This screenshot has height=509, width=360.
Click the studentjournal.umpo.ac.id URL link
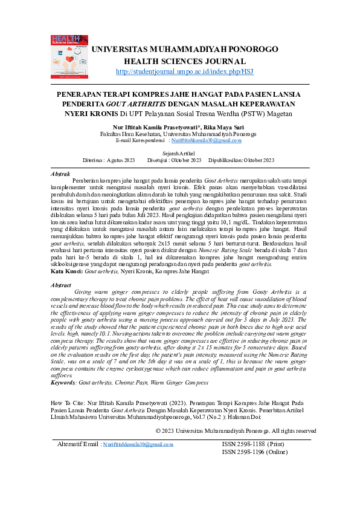(x=184, y=71)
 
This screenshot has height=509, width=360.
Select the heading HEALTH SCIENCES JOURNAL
(x=184, y=61)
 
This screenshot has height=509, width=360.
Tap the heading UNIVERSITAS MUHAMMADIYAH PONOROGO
(x=187, y=49)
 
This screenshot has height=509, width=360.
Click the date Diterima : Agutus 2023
(x=109, y=160)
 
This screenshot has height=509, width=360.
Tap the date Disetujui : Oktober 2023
(x=174, y=160)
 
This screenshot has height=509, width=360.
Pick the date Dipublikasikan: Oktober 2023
(x=241, y=160)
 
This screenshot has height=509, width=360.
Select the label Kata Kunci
(x=66, y=272)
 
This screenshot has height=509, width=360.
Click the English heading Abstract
(x=62, y=285)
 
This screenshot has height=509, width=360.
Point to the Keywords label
(x=63, y=383)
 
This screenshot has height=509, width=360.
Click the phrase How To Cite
(x=68, y=402)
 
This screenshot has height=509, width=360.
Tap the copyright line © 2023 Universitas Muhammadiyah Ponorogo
(x=236, y=431)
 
